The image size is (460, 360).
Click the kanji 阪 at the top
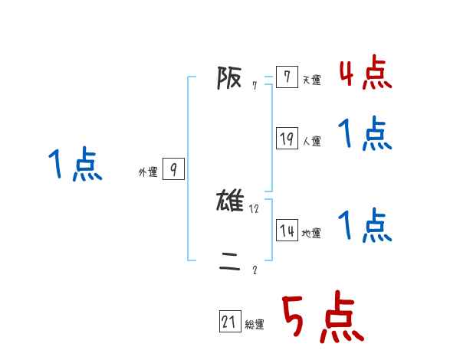click(229, 77)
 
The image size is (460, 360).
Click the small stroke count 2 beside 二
click(255, 270)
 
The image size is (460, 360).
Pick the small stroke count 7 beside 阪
click(255, 86)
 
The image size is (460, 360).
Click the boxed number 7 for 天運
click(287, 77)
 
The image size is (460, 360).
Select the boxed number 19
click(287, 139)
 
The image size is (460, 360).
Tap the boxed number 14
click(287, 231)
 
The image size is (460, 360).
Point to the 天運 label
click(311, 80)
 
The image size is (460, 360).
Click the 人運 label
click(311, 141)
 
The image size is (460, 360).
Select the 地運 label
click(311, 234)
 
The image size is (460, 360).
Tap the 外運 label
click(148, 173)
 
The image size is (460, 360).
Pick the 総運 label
click(255, 325)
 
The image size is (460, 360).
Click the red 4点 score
click(365, 73)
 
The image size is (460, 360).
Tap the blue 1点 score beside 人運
click(365, 135)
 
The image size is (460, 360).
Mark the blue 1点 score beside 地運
click(365, 226)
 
